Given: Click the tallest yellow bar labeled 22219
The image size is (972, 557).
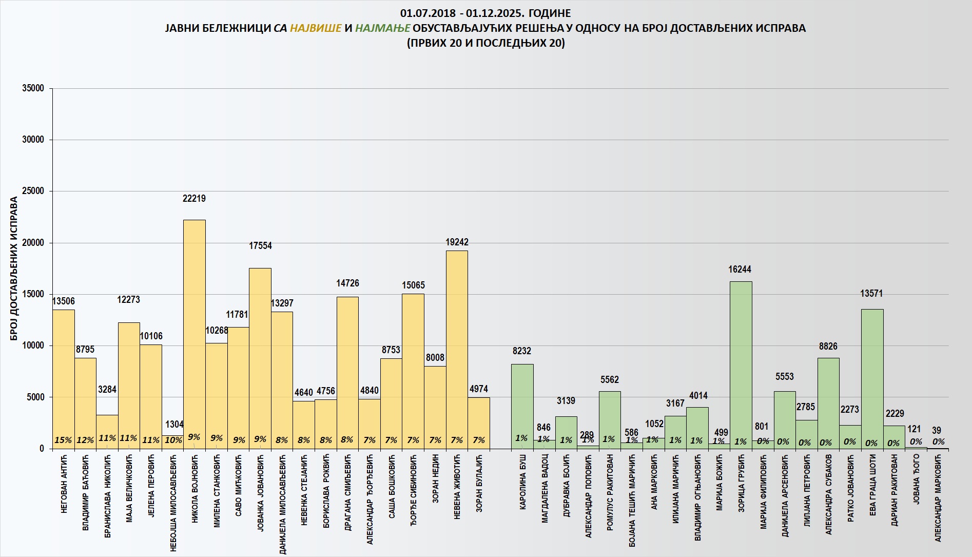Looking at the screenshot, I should [195, 334].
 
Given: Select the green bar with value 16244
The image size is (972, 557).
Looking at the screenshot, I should [741, 364].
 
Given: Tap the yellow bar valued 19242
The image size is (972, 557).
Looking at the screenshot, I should [457, 349].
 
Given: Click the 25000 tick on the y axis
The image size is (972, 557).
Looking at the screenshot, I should [33, 191].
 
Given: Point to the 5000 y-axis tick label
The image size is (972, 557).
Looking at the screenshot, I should [35, 397].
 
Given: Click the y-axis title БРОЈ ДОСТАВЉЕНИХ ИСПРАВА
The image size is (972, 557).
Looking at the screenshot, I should [14, 268].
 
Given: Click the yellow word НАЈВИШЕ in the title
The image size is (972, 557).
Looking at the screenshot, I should [316, 28].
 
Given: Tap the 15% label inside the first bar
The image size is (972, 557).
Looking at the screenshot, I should [63, 440].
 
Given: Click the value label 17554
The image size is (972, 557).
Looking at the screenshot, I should [260, 245].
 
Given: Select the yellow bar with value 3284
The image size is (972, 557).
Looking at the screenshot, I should [107, 431].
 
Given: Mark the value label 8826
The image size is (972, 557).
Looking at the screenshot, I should [828, 346].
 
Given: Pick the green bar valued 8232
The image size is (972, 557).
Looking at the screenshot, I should [522, 406].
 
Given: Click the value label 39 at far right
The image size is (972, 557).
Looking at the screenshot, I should [937, 430].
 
